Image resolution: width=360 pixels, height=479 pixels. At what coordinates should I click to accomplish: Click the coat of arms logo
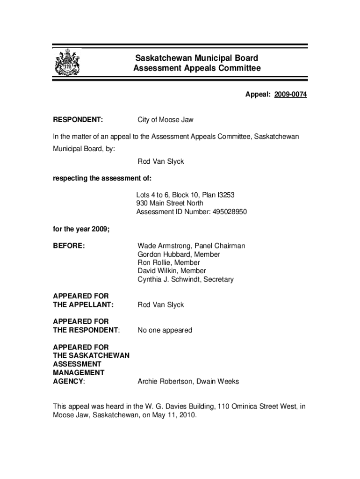tap(67, 63)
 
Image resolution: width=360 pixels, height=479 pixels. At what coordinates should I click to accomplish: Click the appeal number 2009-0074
tap(290, 95)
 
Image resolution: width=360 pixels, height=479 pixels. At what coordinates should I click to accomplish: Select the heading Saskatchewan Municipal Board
tap(196, 58)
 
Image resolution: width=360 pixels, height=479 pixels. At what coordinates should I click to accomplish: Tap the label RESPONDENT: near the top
tap(78, 120)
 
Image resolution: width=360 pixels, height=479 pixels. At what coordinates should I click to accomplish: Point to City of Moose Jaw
tap(166, 120)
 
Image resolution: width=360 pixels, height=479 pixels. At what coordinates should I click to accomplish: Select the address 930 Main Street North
tap(170, 203)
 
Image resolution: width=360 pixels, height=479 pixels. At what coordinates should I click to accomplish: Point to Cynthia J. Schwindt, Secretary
tap(185, 279)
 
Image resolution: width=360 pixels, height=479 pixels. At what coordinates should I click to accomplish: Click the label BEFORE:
tap(69, 246)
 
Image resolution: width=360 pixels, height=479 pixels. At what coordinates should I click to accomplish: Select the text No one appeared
tap(165, 330)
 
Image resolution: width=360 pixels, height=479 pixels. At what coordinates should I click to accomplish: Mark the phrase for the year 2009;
tap(81, 229)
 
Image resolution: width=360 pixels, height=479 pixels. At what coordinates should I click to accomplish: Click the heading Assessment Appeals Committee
tap(196, 69)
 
